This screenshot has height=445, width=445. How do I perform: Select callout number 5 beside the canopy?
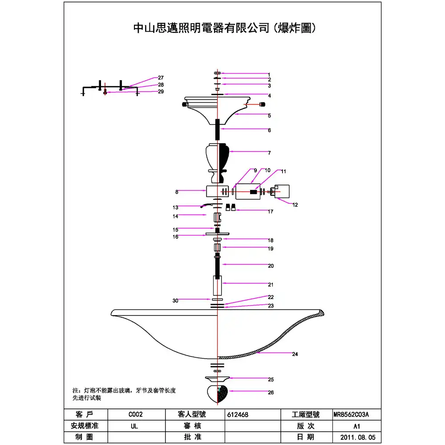pyautogui.click(x=269, y=116)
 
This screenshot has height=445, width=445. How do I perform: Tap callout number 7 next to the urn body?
pyautogui.click(x=269, y=153)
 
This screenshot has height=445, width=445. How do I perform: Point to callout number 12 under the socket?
pyautogui.click(x=295, y=205)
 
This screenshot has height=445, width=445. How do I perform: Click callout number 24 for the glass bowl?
pyautogui.click(x=295, y=355)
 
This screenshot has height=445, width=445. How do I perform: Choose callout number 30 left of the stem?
pyautogui.click(x=175, y=301)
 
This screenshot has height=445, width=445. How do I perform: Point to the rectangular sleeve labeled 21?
pyautogui.click(x=217, y=286)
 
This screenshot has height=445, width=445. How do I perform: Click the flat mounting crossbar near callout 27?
pyautogui.click(x=109, y=86)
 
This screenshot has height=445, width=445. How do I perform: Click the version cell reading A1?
pyautogui.click(x=351, y=426)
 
